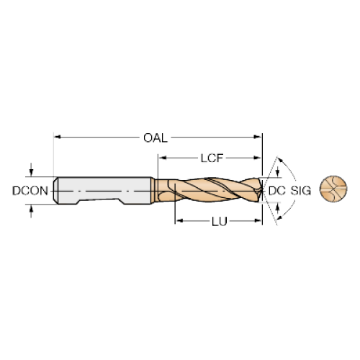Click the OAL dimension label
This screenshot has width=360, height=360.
click(x=156, y=138)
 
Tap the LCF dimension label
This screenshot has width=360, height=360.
click(x=212, y=158)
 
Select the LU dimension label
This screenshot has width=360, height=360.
click(x=220, y=222)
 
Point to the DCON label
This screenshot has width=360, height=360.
click(x=30, y=191)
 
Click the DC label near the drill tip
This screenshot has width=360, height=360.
click(x=277, y=191)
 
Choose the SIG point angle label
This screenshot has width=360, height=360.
click(x=301, y=191)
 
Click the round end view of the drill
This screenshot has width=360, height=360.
click(x=333, y=189)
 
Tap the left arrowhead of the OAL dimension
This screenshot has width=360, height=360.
click(x=58, y=137)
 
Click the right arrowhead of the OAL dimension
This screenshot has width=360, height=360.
click(x=258, y=137)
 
